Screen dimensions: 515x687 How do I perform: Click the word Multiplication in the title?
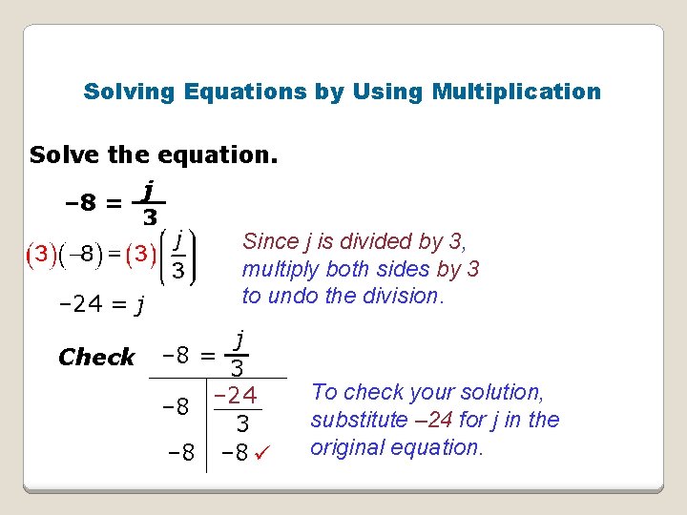516,92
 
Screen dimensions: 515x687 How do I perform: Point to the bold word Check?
96,358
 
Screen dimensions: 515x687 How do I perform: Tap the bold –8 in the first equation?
77,202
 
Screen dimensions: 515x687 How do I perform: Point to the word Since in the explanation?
271,241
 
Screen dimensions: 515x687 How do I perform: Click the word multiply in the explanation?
278,269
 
